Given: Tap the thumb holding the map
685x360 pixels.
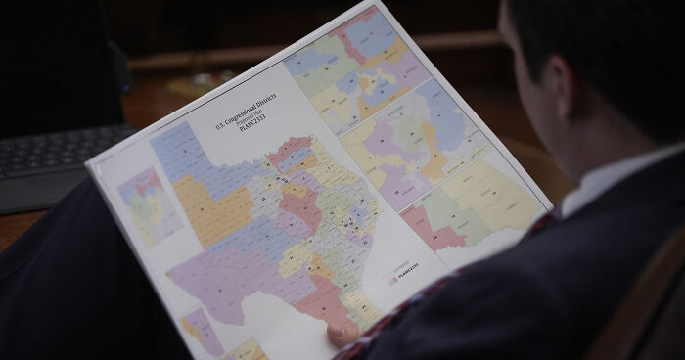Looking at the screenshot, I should [x=343, y=335].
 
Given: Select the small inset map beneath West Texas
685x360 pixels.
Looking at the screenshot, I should [x=201, y=327].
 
